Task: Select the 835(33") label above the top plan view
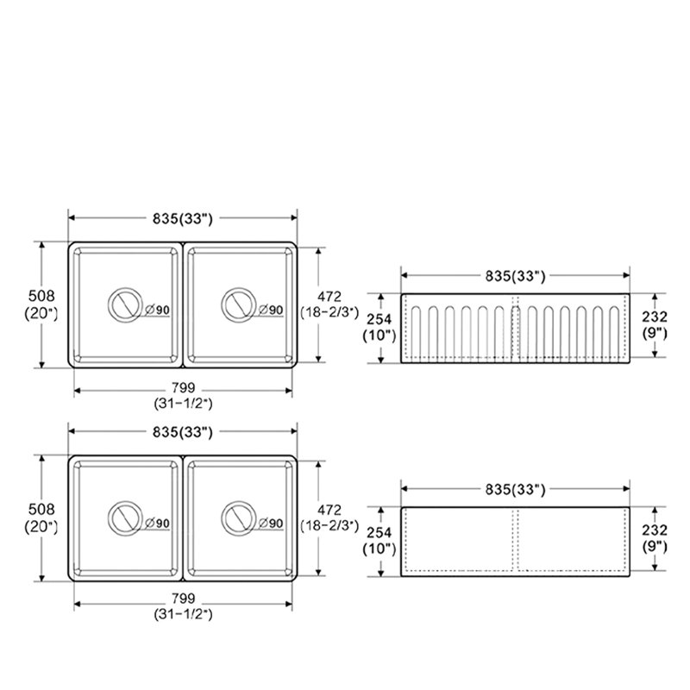click(x=183, y=219)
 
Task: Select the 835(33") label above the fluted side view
click(x=515, y=276)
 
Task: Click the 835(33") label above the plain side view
click(x=515, y=489)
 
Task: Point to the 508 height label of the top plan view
click(x=41, y=295)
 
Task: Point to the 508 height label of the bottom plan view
click(x=41, y=509)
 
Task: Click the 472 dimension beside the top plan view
click(x=329, y=296)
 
